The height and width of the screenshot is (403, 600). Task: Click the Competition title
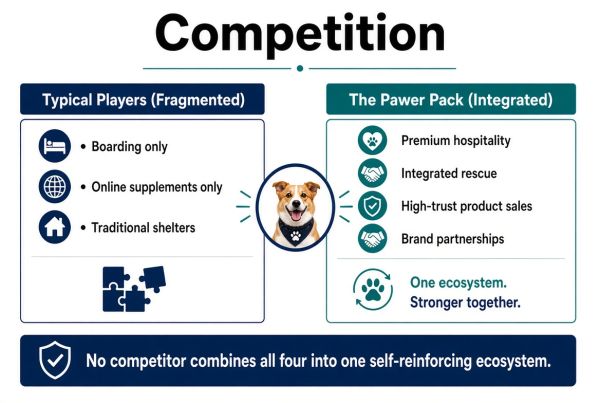300,34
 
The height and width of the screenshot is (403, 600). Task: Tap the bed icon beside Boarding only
55,146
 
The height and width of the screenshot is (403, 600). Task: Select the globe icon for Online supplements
55,186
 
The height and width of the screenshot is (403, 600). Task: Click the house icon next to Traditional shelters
55,227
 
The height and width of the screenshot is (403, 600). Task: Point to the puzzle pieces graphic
134,289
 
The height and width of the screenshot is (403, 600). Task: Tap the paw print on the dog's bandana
295,235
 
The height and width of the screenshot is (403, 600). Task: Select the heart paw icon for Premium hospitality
372,140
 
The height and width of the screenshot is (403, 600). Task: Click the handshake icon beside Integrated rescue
372,173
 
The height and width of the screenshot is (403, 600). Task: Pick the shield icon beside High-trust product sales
372,206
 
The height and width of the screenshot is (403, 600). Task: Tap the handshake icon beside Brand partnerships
372,239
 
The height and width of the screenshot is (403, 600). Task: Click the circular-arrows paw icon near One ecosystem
373,290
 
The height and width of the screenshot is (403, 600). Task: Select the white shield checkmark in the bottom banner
55,360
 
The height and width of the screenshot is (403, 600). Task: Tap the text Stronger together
465,302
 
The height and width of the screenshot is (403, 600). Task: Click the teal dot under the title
300,69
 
